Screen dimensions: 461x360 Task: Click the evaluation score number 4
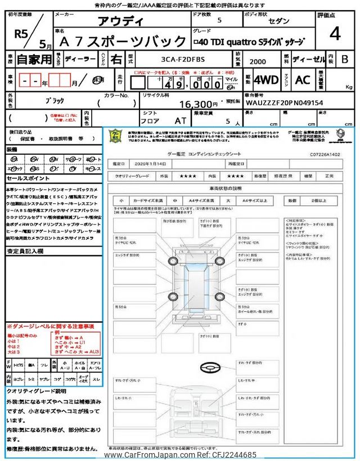[335, 34]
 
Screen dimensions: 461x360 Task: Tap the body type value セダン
[279, 20]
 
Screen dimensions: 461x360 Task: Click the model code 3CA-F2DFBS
[179, 59]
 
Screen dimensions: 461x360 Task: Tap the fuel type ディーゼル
[307, 59]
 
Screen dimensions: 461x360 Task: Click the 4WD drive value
[265, 80]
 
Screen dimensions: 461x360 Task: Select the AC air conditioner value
[303, 80]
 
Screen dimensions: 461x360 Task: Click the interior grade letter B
[345, 59]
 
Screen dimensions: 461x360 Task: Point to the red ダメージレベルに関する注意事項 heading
[51, 326]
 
